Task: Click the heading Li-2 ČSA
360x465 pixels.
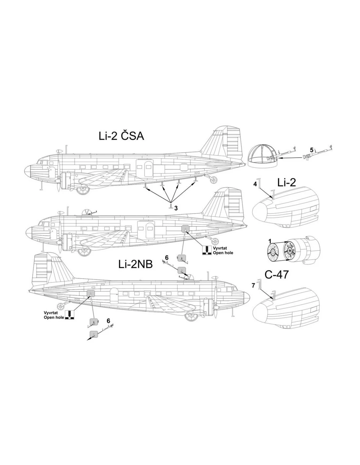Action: pyautogui.click(x=121, y=136)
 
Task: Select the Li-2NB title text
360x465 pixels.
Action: pyautogui.click(x=135, y=265)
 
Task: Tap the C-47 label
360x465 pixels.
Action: pyautogui.click(x=277, y=275)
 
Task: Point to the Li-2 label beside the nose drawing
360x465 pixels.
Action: pyautogui.click(x=287, y=182)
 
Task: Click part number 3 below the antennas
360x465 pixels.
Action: pyautogui.click(x=176, y=208)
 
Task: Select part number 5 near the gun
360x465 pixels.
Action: pyautogui.click(x=312, y=150)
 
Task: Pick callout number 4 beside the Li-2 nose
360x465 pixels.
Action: pyautogui.click(x=255, y=184)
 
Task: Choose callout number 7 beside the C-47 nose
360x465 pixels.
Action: pyautogui.click(x=253, y=285)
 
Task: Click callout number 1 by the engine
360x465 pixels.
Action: pyautogui.click(x=270, y=241)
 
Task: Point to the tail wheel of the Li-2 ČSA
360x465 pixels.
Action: pyautogui.click(x=213, y=180)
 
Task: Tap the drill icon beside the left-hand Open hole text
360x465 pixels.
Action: pyautogui.click(x=69, y=315)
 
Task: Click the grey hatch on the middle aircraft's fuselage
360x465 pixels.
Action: pyautogui.click(x=185, y=229)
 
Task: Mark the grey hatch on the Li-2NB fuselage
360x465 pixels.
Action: pyautogui.click(x=91, y=294)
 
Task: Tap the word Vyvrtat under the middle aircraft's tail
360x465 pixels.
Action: pyautogui.click(x=220, y=248)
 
